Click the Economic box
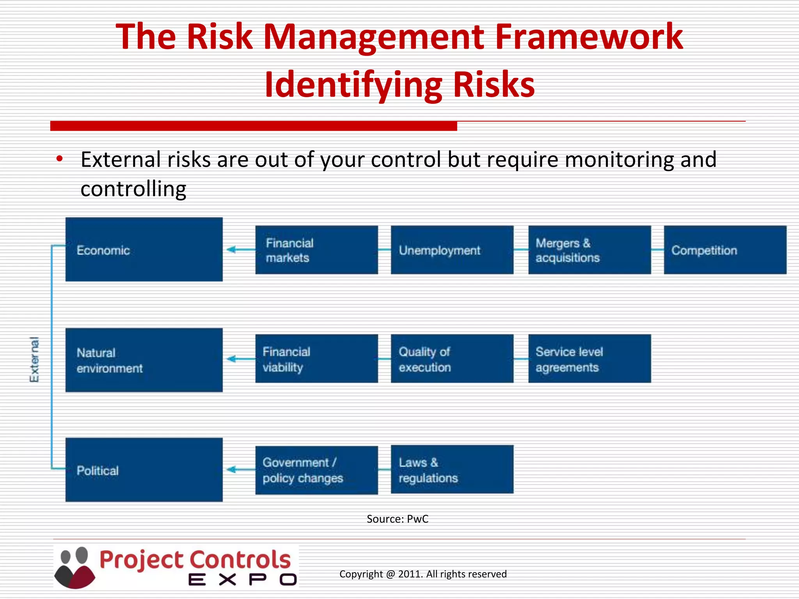click(x=144, y=250)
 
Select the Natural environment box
click(x=144, y=360)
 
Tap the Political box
click(x=144, y=470)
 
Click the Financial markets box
click(x=316, y=250)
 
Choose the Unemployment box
click(x=452, y=250)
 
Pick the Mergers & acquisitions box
click(x=589, y=250)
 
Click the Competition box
click(x=725, y=250)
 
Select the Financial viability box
click(x=316, y=359)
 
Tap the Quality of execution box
click(x=452, y=359)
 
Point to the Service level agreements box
click(x=589, y=359)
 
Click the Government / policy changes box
click(x=316, y=470)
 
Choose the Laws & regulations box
click(x=452, y=470)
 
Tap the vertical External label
click(x=34, y=360)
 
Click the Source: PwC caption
click(x=397, y=519)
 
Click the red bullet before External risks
click(x=59, y=159)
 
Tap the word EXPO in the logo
click(x=242, y=580)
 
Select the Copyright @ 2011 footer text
click(x=423, y=574)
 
